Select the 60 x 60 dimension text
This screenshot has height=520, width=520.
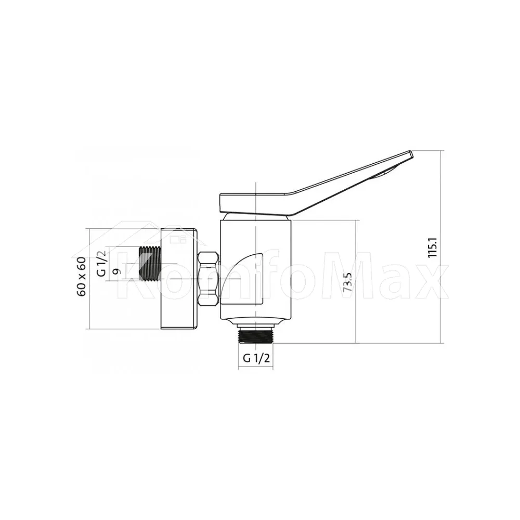(81, 277)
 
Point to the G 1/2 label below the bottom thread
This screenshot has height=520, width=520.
(256, 358)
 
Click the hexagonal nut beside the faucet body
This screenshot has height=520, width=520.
(208, 279)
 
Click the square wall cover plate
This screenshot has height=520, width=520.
(179, 279)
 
